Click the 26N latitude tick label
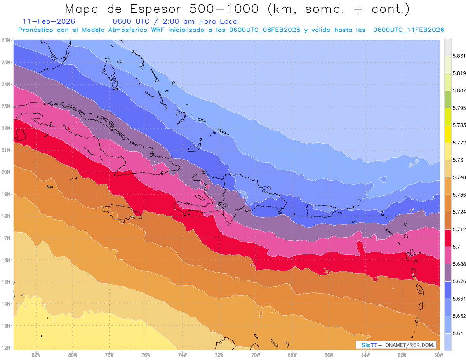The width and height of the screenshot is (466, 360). [x=5, y=40]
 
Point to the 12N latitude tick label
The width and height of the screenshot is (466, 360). [x=5, y=348]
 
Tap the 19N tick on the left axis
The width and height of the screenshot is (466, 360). [x=5, y=194]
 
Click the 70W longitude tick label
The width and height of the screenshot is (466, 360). [x=256, y=355]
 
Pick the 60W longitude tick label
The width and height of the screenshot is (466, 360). [x=439, y=355]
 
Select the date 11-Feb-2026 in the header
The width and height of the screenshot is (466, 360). [x=49, y=21]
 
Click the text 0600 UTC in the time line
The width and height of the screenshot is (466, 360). [x=128, y=21]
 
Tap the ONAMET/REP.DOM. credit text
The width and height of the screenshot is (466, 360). [x=411, y=345]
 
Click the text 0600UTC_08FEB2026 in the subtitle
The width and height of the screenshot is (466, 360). [x=264, y=30]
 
